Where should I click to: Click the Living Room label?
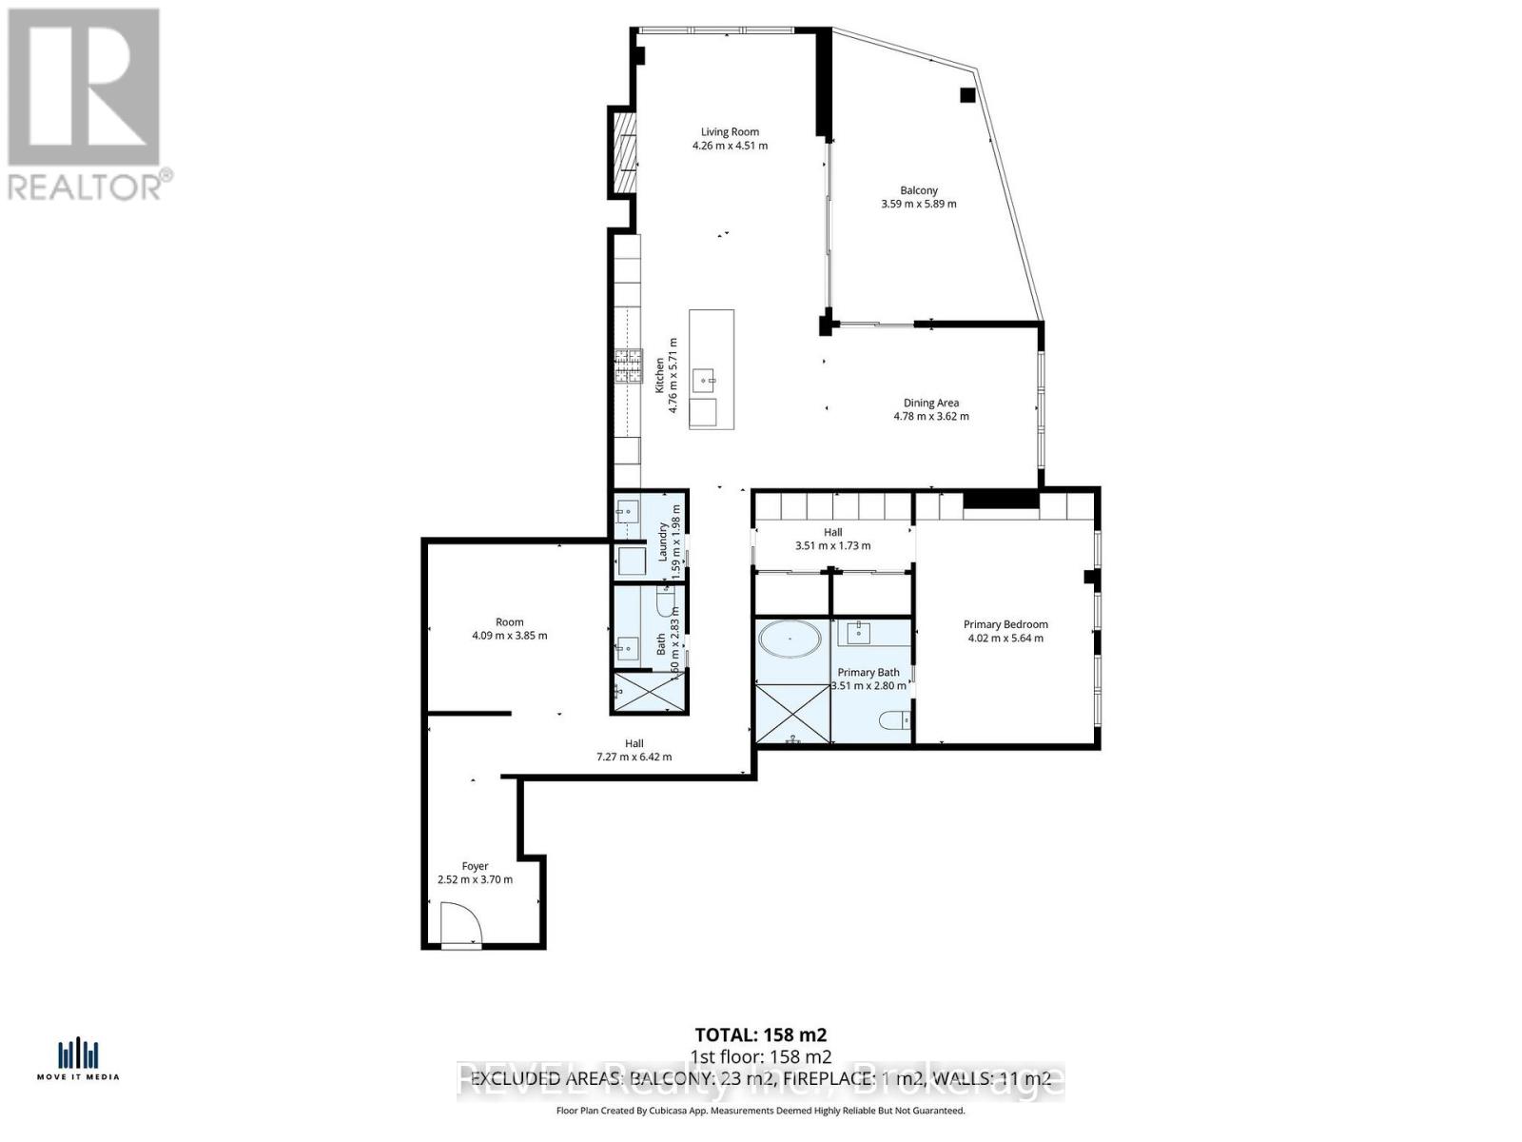tap(730, 132)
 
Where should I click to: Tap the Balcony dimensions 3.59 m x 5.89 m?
tap(918, 204)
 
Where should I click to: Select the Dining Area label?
tap(930, 403)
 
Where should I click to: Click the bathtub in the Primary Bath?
tap(791, 639)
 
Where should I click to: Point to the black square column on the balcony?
tap(967, 94)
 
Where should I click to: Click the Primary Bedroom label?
tap(1005, 624)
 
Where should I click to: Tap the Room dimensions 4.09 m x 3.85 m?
tap(509, 636)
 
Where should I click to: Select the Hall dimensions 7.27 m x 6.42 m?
tap(634, 758)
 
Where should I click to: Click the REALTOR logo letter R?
tap(84, 88)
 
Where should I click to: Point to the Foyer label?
tap(475, 866)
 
